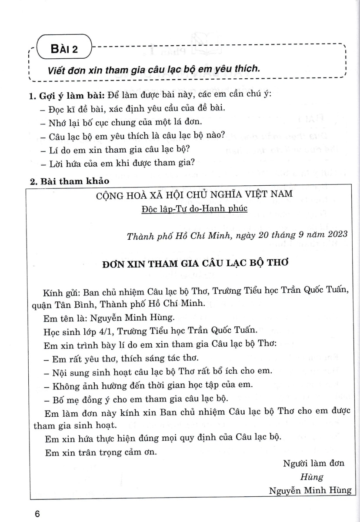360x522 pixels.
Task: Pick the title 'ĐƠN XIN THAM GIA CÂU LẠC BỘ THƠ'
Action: point(194,263)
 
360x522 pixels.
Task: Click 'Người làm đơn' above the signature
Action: point(313,463)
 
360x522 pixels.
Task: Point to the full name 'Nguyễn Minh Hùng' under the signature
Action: point(310,491)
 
